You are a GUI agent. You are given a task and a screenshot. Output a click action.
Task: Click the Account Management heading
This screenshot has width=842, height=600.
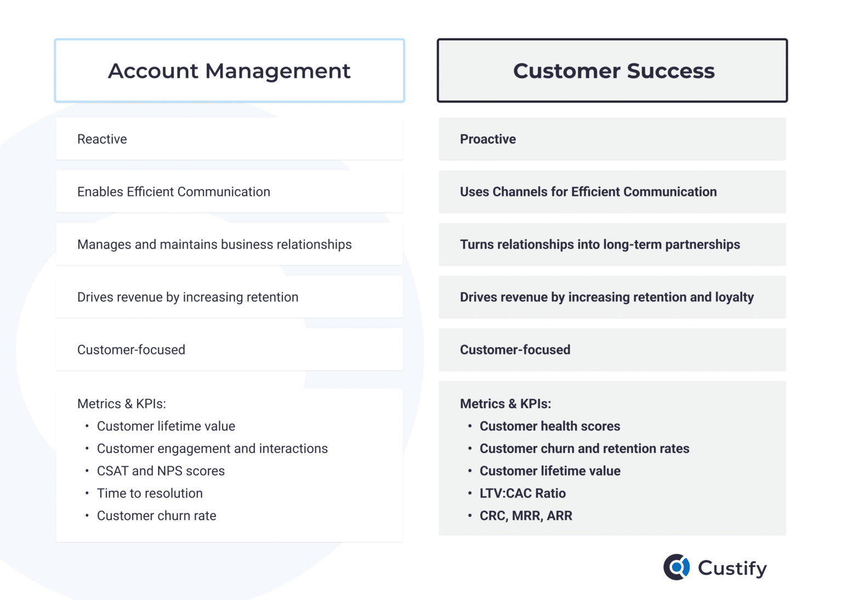tap(229, 71)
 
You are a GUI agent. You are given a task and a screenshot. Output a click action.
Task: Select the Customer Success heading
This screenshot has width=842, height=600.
tap(613, 71)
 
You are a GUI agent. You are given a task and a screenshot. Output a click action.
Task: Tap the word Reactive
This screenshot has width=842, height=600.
tap(102, 139)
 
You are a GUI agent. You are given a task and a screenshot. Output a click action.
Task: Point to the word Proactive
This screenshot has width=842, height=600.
tap(488, 139)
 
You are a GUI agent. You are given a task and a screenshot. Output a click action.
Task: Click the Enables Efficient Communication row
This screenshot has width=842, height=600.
tap(174, 192)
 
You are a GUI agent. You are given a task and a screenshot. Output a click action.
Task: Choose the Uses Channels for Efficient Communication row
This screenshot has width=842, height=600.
tap(588, 192)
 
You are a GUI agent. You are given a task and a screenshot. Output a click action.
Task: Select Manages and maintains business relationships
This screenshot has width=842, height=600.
tap(214, 245)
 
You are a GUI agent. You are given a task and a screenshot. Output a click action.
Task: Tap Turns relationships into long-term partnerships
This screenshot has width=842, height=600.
tap(600, 245)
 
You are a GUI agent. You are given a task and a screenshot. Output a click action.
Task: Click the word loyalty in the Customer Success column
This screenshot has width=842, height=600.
tap(735, 297)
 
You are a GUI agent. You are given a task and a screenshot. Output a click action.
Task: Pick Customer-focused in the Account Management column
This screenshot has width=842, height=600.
tap(131, 350)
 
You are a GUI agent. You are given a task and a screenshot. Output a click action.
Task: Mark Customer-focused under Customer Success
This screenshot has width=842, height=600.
tap(515, 350)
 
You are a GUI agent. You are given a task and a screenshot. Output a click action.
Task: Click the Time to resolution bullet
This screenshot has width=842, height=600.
tap(150, 494)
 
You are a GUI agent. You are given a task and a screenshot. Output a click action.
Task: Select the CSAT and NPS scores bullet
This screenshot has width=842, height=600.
tap(161, 471)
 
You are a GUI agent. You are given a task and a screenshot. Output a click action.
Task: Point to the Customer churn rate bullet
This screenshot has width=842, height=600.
tap(156, 516)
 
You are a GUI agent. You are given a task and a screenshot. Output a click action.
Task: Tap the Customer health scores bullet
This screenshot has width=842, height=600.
tap(550, 426)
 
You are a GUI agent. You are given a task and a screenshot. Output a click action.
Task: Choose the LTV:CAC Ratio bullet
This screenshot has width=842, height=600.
tap(522, 494)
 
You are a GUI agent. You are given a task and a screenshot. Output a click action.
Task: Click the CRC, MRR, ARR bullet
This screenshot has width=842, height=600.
tap(526, 516)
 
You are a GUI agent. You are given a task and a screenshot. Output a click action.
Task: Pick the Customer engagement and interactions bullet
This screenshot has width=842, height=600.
tap(212, 449)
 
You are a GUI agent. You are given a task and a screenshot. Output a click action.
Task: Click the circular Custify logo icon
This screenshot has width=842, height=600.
tap(677, 567)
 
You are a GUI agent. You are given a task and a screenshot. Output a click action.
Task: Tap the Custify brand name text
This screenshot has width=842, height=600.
tap(732, 568)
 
